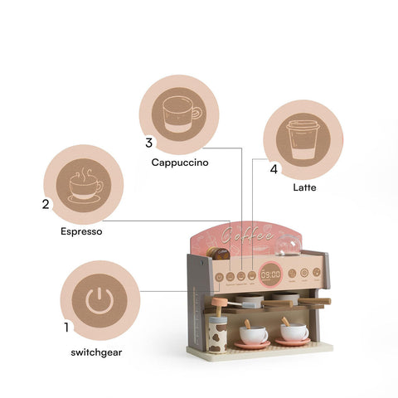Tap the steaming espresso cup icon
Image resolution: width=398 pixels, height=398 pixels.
85,185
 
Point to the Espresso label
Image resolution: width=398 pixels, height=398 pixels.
81,232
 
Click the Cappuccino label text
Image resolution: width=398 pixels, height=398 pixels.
179,163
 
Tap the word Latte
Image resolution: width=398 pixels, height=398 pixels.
304,187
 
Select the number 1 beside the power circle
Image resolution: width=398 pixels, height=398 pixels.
66,328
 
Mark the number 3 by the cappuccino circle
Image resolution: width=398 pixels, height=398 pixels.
148,143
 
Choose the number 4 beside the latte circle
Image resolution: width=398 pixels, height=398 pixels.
274,169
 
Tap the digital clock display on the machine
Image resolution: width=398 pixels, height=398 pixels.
270,274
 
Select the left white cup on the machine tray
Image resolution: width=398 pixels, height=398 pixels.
253,333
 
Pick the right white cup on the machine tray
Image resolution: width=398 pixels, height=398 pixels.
294,332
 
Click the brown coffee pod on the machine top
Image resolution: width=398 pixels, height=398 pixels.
217,254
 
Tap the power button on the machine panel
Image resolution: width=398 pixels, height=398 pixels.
219,277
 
